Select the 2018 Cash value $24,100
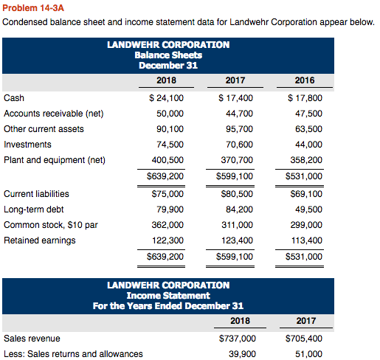click(166, 97)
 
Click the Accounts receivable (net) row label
click(54, 114)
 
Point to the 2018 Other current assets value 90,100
click(169, 129)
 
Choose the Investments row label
click(28, 145)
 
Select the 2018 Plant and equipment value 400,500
click(167, 160)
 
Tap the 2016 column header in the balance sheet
click(304, 80)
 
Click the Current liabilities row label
click(37, 194)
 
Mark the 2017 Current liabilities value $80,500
click(236, 194)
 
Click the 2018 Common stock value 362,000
click(167, 225)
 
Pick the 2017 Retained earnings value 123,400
click(237, 240)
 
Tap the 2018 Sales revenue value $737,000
click(237, 339)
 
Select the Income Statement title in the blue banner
click(168, 295)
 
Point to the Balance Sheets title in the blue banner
click(168, 55)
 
